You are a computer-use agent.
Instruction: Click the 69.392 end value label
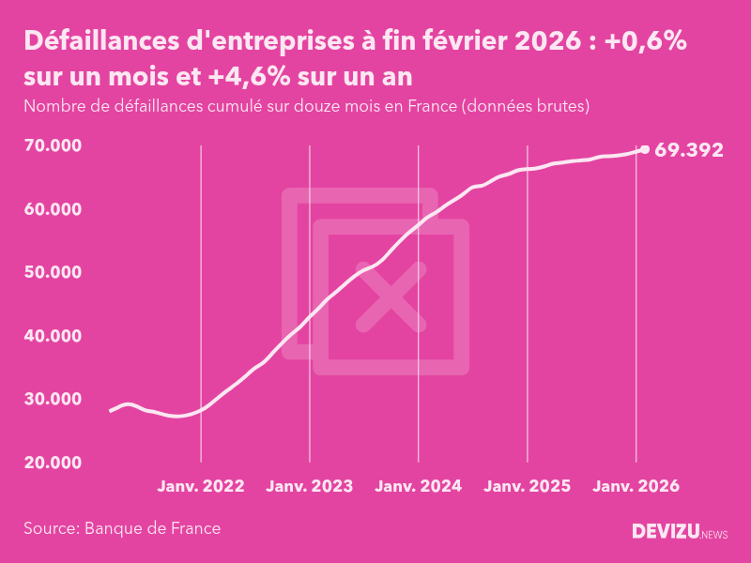point(689,149)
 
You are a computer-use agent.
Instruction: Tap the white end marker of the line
point(644,149)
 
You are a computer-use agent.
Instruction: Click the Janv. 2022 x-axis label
point(201,487)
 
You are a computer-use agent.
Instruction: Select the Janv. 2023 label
point(310,487)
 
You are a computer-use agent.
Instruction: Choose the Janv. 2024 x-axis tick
point(419,487)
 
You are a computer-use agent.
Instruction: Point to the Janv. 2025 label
point(528,487)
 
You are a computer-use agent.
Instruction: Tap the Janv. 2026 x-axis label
point(636,487)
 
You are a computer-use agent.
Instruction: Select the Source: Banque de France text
point(122,528)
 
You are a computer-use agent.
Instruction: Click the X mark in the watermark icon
point(391,297)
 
